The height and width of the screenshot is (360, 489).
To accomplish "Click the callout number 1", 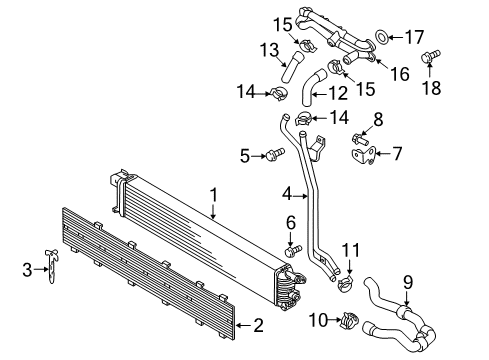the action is pyautogui.click(x=214, y=195).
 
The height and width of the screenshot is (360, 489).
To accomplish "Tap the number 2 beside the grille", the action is pyautogui.click(x=258, y=325).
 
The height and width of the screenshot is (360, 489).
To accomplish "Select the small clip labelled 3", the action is pyautogui.click(x=51, y=266).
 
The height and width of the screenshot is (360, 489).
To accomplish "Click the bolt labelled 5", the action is pyautogui.click(x=275, y=155).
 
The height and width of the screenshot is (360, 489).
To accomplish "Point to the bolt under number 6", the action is pyautogui.click(x=294, y=251).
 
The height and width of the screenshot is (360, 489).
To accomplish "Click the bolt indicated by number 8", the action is pyautogui.click(x=359, y=139).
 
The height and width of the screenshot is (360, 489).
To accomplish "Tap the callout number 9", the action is pyautogui.click(x=408, y=282).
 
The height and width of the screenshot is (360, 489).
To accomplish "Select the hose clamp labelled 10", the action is pyautogui.click(x=349, y=320).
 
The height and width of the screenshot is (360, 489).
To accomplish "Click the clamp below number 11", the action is pyautogui.click(x=346, y=282).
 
